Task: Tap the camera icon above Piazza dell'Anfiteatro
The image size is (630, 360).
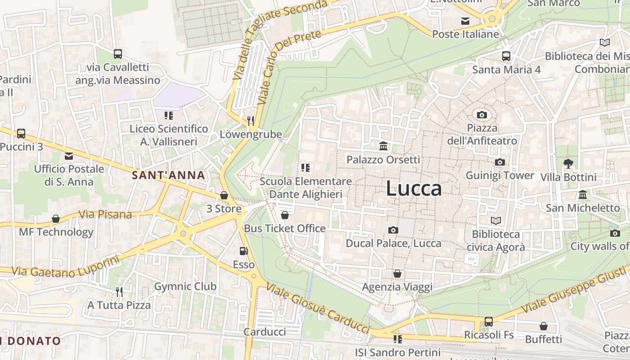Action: click(482, 115)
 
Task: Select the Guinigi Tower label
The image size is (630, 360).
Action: click(499, 175)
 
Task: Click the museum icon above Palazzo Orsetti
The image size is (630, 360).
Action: click(383, 146)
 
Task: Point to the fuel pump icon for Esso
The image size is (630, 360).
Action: click(243, 251)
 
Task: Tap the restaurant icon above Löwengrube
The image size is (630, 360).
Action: click(251, 121)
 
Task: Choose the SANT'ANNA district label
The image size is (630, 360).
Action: click(168, 175)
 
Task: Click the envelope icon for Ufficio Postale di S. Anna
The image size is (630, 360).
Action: click(69, 156)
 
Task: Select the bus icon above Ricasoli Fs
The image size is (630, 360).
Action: click(488, 322)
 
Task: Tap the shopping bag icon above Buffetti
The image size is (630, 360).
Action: click(544, 326)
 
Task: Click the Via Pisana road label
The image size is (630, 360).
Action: click(105, 215)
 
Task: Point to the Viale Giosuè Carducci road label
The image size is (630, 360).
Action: click(318, 308)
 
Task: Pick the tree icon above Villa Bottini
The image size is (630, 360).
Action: click(568, 164)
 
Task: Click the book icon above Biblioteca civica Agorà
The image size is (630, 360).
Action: click(495, 220)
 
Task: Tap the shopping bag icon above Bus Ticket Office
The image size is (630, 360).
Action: click(284, 215)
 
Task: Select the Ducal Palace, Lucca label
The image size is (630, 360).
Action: click(393, 243)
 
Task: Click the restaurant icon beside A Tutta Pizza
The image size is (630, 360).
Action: click(119, 292)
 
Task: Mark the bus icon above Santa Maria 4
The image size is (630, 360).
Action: click(506, 56)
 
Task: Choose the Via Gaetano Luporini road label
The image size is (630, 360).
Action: click(66, 266)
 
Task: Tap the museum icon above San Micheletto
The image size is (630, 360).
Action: click(583, 195)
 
